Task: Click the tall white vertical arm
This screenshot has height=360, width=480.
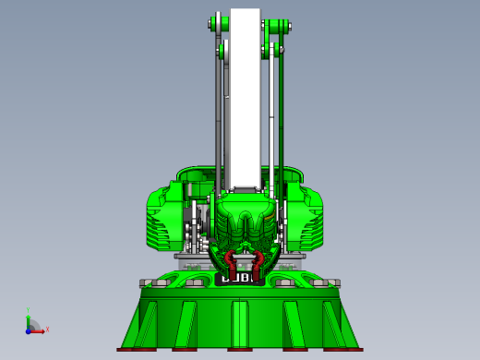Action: tap(246, 102)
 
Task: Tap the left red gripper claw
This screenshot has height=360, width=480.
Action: tap(228, 259)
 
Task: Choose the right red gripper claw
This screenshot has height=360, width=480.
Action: tap(261, 259)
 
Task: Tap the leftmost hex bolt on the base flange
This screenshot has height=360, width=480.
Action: tap(146, 282)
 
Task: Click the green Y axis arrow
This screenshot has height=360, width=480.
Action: tap(30, 316)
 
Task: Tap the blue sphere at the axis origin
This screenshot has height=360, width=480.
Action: tap(30, 330)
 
